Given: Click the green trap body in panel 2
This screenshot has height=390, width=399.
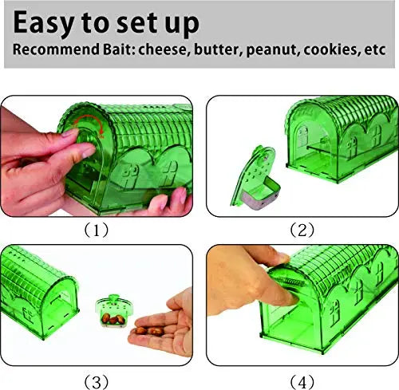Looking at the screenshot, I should [335, 152].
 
